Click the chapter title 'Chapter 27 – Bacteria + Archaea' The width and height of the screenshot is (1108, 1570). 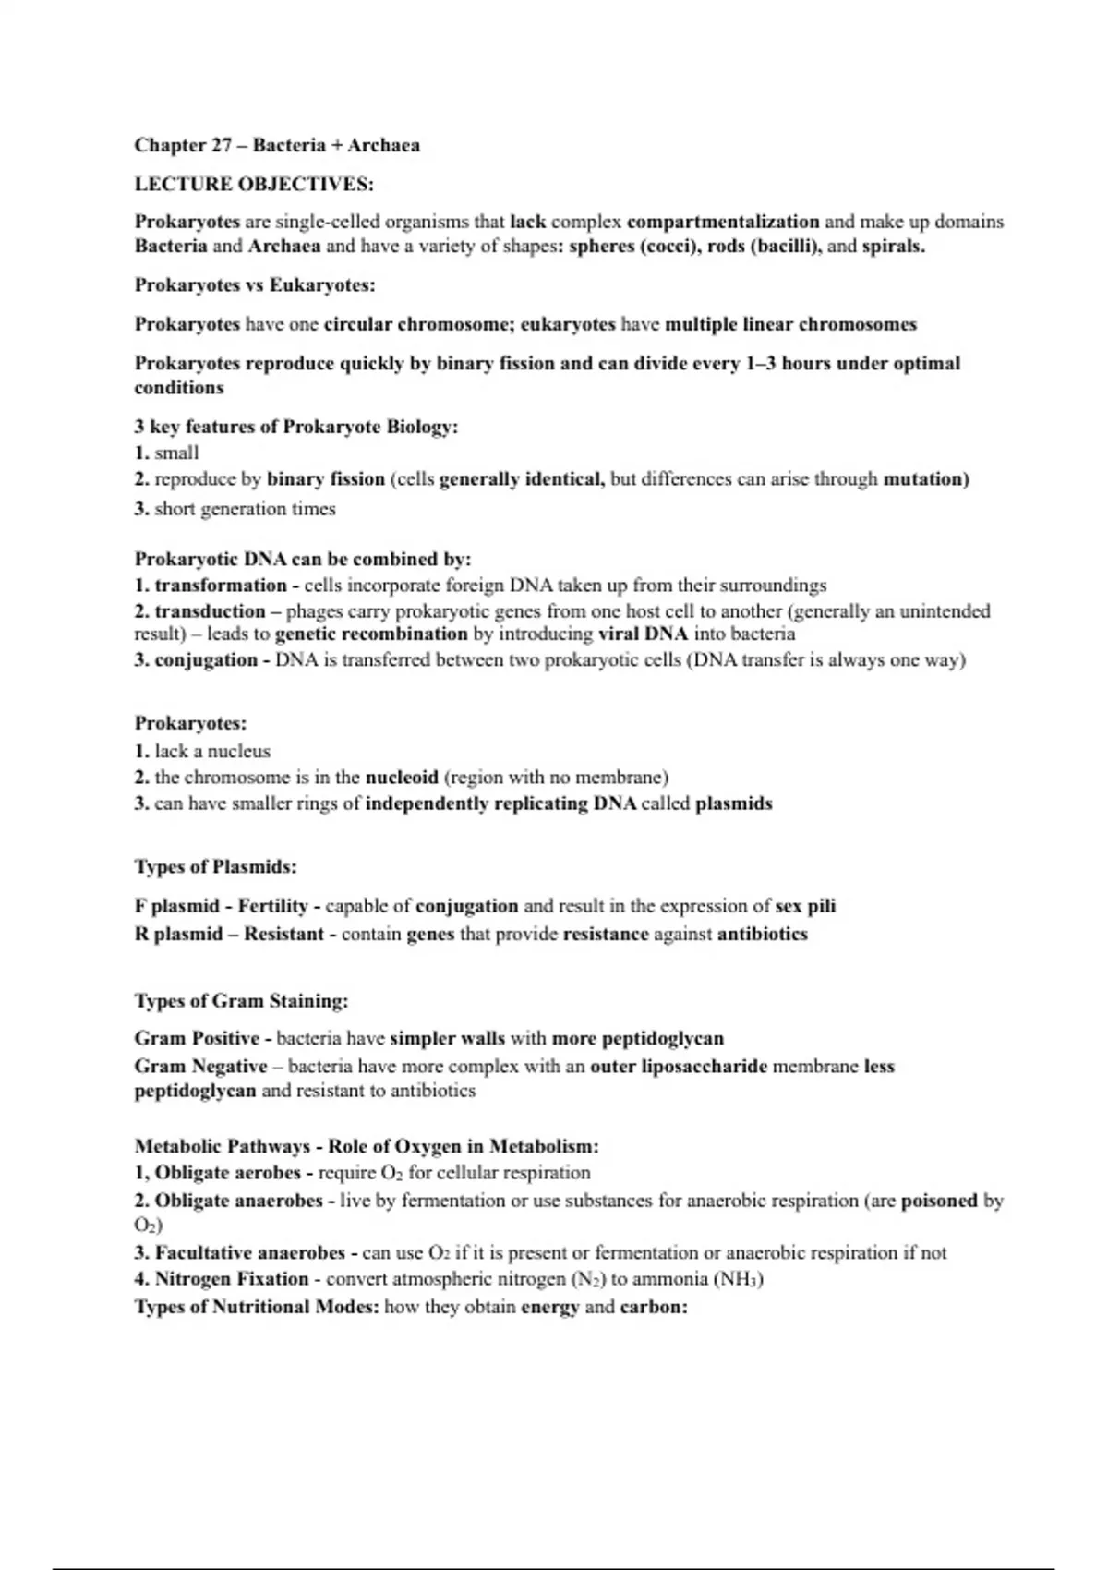(x=277, y=145)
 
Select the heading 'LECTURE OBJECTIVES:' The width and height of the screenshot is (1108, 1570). (x=254, y=184)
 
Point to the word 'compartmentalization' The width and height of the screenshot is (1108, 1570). (x=722, y=222)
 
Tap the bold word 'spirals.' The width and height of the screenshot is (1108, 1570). (x=893, y=247)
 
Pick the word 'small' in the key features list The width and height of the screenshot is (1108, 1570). (x=176, y=453)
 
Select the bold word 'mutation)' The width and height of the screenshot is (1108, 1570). (x=926, y=479)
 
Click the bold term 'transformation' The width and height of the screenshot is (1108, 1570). (x=221, y=586)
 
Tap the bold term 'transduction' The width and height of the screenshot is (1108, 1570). (x=210, y=611)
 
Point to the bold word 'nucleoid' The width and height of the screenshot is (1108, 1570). (x=402, y=778)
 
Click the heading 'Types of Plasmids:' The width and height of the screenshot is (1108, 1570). (x=215, y=867)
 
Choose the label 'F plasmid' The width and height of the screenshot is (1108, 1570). (x=177, y=906)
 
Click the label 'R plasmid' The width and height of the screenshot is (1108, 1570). (x=178, y=934)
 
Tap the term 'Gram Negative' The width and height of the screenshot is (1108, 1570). (x=200, y=1067)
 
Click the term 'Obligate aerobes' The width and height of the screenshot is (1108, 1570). (x=227, y=1173)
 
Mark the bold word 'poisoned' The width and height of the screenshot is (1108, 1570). (x=939, y=1201)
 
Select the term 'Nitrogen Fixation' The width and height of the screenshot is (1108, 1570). (x=231, y=1279)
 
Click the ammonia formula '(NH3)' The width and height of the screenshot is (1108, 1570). (x=737, y=1279)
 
